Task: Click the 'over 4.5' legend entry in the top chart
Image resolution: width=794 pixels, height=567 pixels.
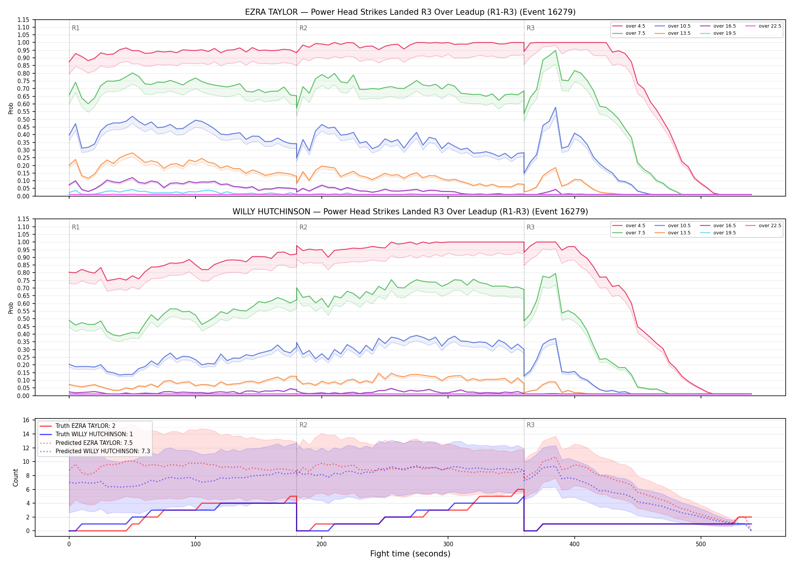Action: [629, 26]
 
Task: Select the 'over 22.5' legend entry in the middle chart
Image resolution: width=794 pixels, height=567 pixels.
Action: [763, 226]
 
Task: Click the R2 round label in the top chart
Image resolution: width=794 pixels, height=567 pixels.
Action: [303, 28]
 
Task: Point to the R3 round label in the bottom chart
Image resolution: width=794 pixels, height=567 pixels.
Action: [530, 425]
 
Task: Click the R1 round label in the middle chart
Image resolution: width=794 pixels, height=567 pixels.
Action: [76, 227]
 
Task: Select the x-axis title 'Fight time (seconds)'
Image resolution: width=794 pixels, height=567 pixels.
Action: [410, 554]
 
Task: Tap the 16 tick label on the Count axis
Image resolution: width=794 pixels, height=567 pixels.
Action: [26, 420]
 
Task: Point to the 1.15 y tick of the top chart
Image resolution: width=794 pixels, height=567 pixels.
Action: [23, 20]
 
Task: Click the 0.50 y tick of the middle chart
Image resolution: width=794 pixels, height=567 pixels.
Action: [23, 319]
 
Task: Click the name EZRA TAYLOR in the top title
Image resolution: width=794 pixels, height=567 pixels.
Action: [271, 12]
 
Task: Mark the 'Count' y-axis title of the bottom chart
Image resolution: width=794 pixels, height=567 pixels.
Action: [16, 477]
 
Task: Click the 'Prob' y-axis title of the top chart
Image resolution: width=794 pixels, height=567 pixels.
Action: [11, 108]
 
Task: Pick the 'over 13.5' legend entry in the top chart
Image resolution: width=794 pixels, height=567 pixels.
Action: [674, 33]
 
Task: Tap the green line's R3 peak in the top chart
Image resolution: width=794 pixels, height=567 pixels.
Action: [555, 51]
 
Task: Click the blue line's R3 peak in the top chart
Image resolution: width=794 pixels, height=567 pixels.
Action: [555, 107]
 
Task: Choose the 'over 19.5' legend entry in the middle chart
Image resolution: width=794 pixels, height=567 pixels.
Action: [720, 233]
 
